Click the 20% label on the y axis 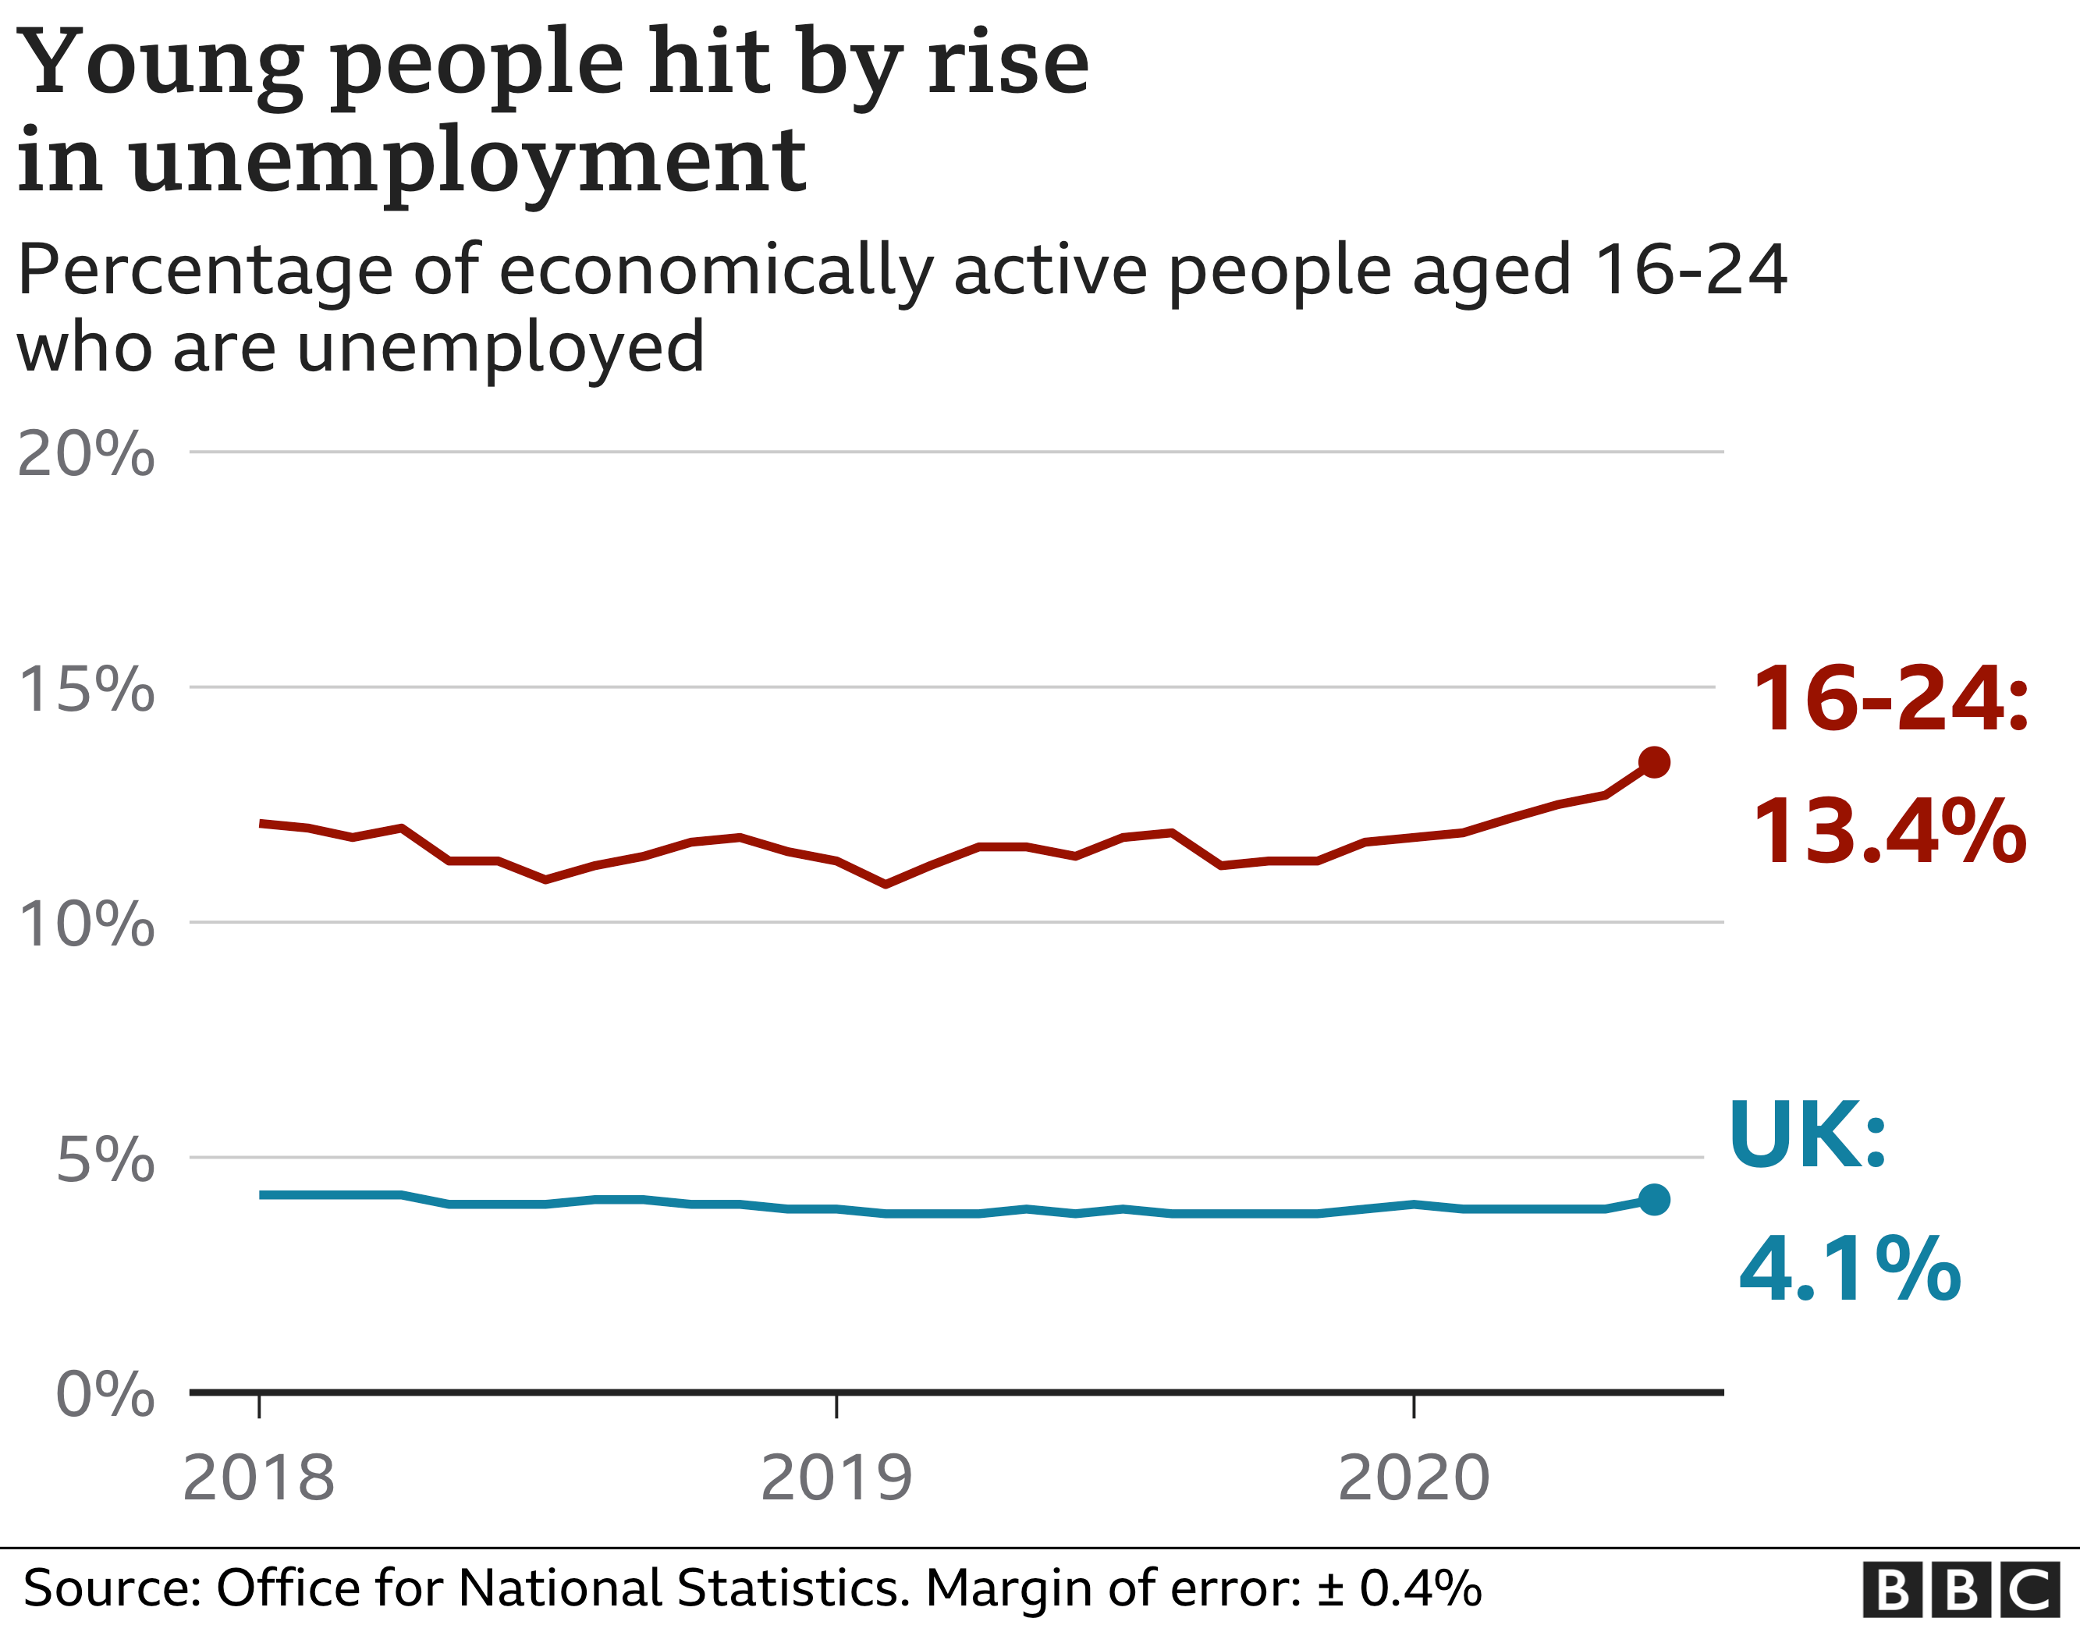[x=86, y=453]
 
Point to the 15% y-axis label [x=86, y=689]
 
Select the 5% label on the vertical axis [x=105, y=1159]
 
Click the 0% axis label [x=105, y=1395]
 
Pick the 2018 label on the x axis [x=258, y=1478]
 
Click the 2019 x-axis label [x=836, y=1478]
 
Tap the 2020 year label [x=1414, y=1478]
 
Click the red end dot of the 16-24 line [x=1654, y=762]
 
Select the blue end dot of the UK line [x=1654, y=1200]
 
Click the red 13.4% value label [x=1890, y=832]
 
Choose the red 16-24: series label [x=1891, y=699]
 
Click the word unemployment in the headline [x=467, y=162]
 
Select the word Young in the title [x=160, y=63]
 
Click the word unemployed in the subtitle [x=501, y=349]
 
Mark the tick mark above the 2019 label [x=836, y=1407]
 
